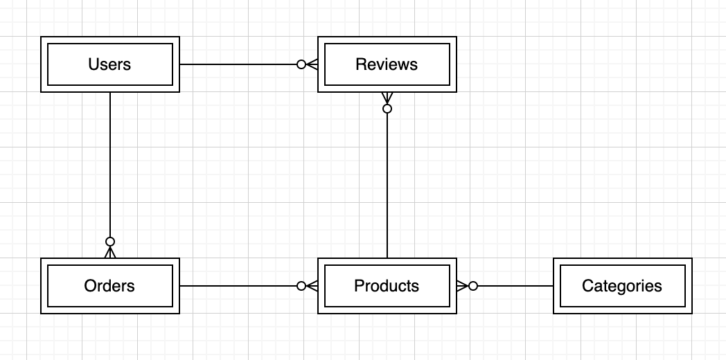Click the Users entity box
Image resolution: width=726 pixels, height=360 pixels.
(x=109, y=64)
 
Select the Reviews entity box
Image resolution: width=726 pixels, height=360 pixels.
(x=387, y=64)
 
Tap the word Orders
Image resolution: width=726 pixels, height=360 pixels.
(x=109, y=286)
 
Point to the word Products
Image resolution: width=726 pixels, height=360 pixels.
(x=387, y=286)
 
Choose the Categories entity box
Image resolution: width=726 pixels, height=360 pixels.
(x=622, y=286)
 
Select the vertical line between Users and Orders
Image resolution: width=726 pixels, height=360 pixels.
(x=109, y=166)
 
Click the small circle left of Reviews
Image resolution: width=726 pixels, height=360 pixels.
(x=301, y=64)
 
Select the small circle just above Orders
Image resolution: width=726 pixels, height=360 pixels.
(x=109, y=242)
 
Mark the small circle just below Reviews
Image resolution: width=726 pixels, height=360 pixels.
(x=387, y=109)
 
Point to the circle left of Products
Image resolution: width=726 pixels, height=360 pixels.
(x=301, y=286)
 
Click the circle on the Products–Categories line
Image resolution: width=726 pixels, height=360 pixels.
(x=473, y=286)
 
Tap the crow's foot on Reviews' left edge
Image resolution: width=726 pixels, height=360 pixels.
(x=312, y=64)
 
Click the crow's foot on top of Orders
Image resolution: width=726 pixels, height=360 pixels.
(x=109, y=252)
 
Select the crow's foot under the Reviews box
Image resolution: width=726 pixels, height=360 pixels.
(x=387, y=98)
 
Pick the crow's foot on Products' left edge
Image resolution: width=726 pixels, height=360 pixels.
(x=312, y=286)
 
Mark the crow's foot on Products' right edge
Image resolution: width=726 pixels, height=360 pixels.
(x=462, y=286)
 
